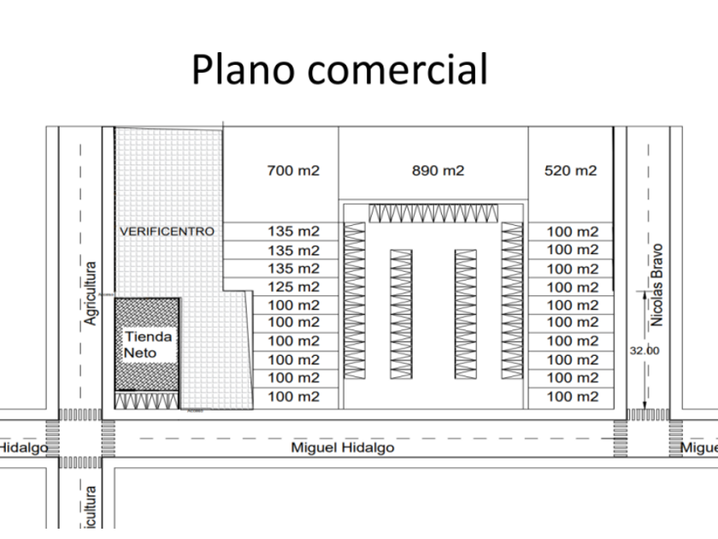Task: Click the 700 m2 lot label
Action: (293, 170)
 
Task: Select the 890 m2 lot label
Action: (438, 170)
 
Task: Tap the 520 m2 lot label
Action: (571, 170)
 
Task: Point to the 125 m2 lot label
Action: (293, 287)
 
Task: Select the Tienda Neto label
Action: (147, 344)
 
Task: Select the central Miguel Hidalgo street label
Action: (343, 447)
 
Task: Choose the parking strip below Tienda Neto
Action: (147, 399)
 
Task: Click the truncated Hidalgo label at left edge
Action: (22, 447)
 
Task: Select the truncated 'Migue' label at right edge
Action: (697, 447)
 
